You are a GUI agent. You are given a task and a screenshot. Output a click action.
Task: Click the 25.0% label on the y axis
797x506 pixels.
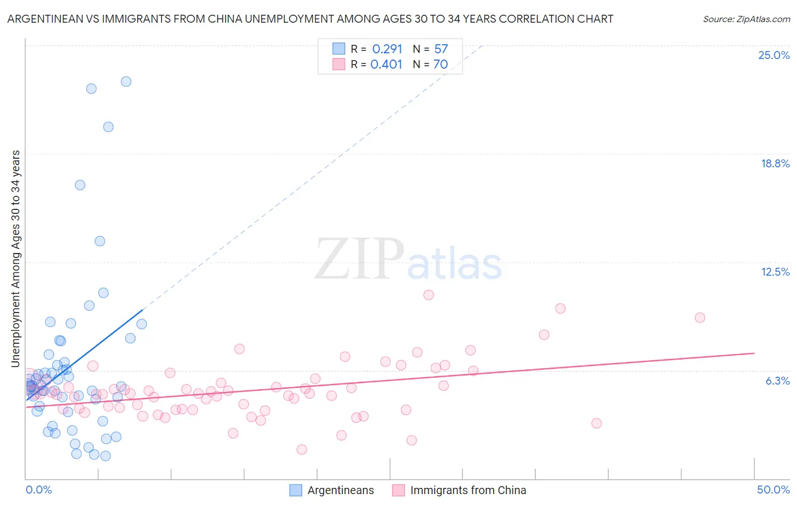(774, 55)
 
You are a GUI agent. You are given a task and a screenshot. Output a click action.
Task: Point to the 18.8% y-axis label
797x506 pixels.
(775, 163)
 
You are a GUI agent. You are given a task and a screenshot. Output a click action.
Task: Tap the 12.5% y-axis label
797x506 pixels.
(775, 272)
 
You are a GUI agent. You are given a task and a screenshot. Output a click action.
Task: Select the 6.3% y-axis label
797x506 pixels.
(777, 381)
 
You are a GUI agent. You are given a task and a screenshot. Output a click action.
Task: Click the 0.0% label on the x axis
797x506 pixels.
(39, 490)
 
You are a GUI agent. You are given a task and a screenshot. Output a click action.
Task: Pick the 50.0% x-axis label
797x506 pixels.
(773, 490)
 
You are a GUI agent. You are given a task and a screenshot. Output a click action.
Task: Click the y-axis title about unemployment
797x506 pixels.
(15, 259)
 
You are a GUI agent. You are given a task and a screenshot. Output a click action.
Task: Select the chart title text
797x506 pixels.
(310, 19)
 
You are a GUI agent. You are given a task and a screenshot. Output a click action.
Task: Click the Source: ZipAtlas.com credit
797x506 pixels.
(746, 19)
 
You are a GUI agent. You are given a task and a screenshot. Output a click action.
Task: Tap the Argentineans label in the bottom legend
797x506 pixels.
(341, 490)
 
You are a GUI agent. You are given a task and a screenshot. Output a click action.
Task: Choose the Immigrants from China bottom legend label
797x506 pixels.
(468, 490)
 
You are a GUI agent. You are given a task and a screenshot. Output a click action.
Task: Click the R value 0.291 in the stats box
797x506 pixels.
(387, 49)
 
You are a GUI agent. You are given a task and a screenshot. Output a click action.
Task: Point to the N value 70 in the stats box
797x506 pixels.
(440, 65)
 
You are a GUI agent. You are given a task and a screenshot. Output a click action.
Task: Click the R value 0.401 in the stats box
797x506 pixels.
(386, 65)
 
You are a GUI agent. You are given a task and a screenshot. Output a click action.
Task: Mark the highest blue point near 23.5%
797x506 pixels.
(126, 82)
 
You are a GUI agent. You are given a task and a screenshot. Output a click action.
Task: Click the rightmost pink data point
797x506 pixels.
(700, 318)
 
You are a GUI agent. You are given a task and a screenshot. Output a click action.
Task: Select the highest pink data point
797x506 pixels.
(429, 295)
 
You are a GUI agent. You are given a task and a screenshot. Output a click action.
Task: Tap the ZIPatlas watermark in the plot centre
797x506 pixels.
(408, 260)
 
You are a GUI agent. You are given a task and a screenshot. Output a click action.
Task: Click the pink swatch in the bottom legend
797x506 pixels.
(398, 490)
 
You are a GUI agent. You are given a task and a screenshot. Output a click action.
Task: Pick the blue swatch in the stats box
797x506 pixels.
(338, 49)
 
